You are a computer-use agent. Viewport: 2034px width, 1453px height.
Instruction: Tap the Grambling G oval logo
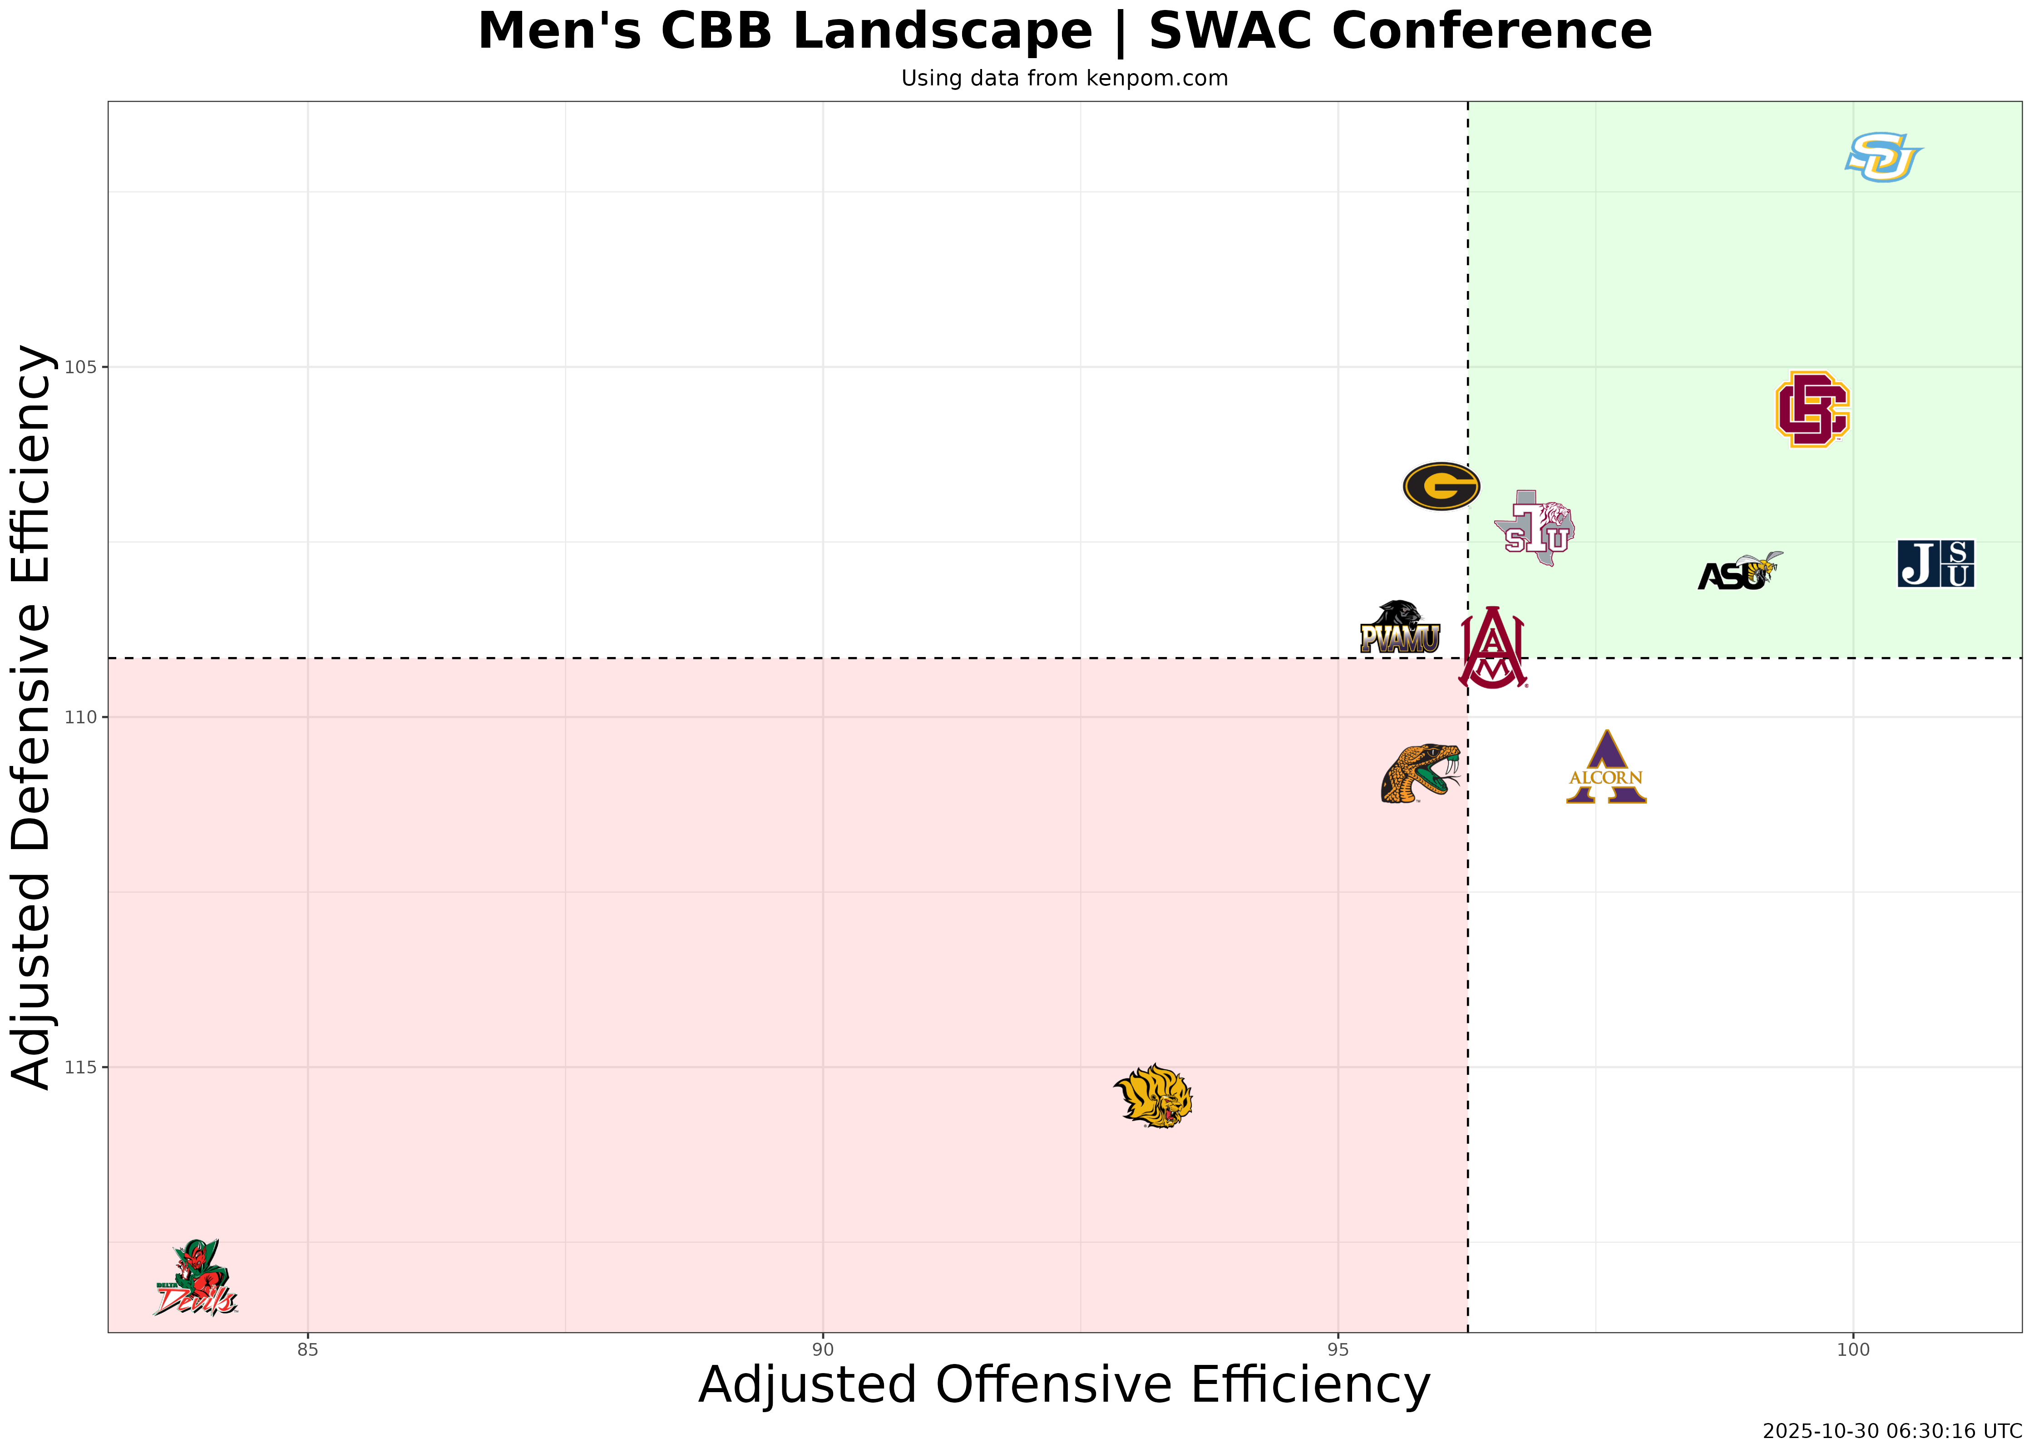coord(1441,486)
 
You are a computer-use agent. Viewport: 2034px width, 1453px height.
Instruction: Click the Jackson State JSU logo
coord(1935,563)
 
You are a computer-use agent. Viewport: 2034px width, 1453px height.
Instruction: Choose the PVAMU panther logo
coord(1400,628)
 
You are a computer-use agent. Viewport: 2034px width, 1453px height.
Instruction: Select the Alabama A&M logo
coord(1492,648)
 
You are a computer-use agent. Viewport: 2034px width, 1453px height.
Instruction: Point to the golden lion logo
coord(1154,1096)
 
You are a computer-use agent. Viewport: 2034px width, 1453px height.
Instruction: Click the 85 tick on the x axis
coord(308,1350)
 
